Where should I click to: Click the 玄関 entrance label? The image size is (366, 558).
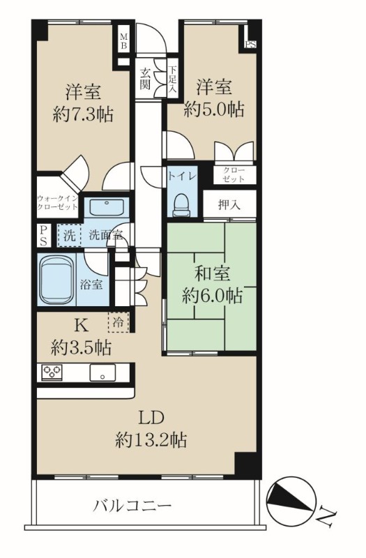145,79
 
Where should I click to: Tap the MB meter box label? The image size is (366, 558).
123,41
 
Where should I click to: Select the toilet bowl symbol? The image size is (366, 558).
182,205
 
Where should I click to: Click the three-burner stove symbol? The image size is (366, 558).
52,372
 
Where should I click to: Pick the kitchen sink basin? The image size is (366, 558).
102,372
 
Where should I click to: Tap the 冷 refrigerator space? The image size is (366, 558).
119,322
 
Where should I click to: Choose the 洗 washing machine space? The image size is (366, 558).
69,235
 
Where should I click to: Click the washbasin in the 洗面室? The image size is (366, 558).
107,207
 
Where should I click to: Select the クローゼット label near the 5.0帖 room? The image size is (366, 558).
234,174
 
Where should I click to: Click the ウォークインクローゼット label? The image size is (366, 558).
58,202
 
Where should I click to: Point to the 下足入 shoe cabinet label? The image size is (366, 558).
172,80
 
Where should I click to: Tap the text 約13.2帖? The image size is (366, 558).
151,440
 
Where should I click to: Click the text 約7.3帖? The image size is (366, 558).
83,114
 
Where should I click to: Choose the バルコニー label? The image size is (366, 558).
132,505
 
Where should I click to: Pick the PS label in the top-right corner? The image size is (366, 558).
250,45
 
